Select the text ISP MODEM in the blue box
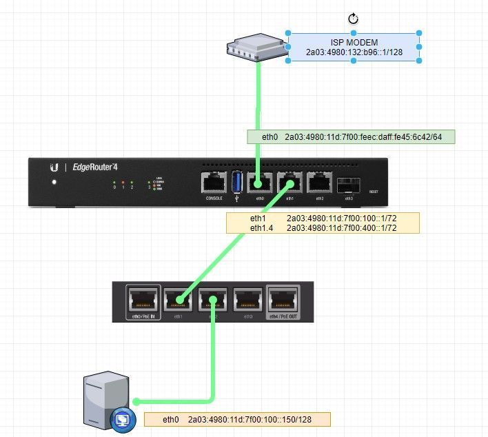tap(354, 43)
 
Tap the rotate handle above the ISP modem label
tap(354, 19)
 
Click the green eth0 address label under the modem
tap(351, 137)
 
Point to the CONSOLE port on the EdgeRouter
tap(214, 183)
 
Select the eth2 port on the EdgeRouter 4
tap(319, 183)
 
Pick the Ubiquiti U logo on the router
tap(54, 167)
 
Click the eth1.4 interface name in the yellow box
tap(262, 227)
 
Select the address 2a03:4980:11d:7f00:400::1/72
tap(342, 227)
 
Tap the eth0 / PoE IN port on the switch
tap(143, 300)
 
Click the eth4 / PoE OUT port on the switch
tap(283, 300)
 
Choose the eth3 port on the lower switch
tap(248, 300)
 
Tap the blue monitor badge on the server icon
tap(122, 418)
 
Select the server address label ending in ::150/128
tap(237, 419)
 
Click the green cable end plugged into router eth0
tap(260, 183)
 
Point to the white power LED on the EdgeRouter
tap(53, 183)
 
